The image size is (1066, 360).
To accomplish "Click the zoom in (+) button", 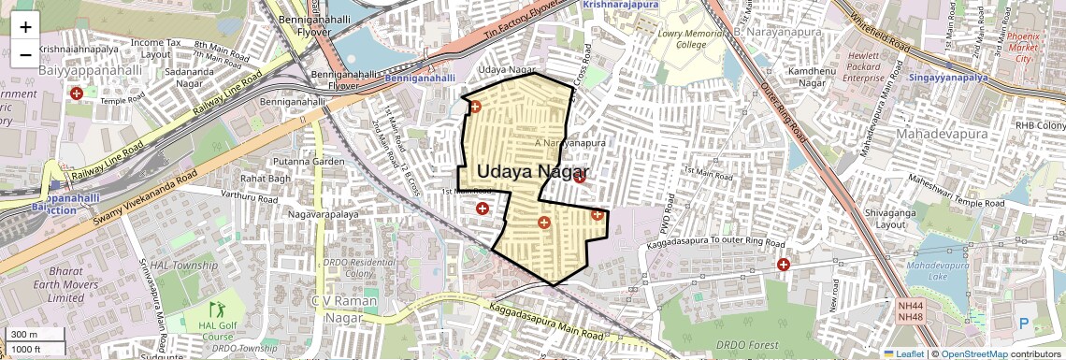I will point(25,27).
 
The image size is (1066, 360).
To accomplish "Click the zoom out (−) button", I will point(25,54).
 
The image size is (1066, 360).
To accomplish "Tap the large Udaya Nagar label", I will point(530,171).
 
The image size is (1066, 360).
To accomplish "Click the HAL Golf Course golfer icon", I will point(217,309).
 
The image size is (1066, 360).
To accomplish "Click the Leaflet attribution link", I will point(904,353).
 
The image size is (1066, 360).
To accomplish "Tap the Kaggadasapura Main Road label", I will point(545,321).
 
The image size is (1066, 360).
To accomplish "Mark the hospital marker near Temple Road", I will point(77,94).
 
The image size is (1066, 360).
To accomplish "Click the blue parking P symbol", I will point(1023,323).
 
